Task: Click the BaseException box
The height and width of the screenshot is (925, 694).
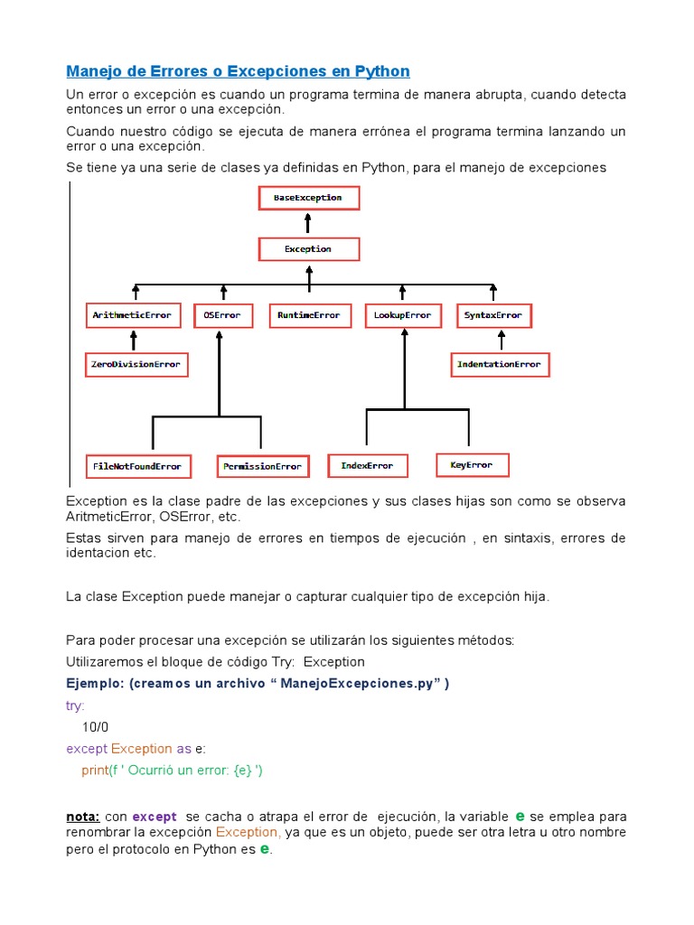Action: pos(308,197)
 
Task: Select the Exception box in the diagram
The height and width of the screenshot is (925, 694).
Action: pos(308,248)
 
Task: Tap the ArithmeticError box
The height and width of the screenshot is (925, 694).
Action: pos(134,315)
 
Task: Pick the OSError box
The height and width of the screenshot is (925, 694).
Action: pos(222,315)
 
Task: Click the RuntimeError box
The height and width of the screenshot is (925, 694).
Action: pos(309,315)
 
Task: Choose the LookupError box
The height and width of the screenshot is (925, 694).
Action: pos(403,315)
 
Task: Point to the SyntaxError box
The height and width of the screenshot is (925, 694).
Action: pos(493,315)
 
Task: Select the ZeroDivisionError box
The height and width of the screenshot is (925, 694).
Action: pos(136,365)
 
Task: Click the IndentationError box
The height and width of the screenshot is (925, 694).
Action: pos(500,364)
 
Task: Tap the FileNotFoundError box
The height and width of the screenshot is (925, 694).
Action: pos(137,466)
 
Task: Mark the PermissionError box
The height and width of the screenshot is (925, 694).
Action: pos(263,466)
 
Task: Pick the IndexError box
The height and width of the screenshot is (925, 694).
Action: pos(367,465)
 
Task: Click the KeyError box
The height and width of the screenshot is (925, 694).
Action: pos(472,465)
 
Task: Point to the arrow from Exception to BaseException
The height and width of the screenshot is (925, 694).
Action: pos(308,224)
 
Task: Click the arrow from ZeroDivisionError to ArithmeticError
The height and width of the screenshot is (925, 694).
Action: pos(134,341)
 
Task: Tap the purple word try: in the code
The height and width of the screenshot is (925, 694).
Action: pos(75,705)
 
